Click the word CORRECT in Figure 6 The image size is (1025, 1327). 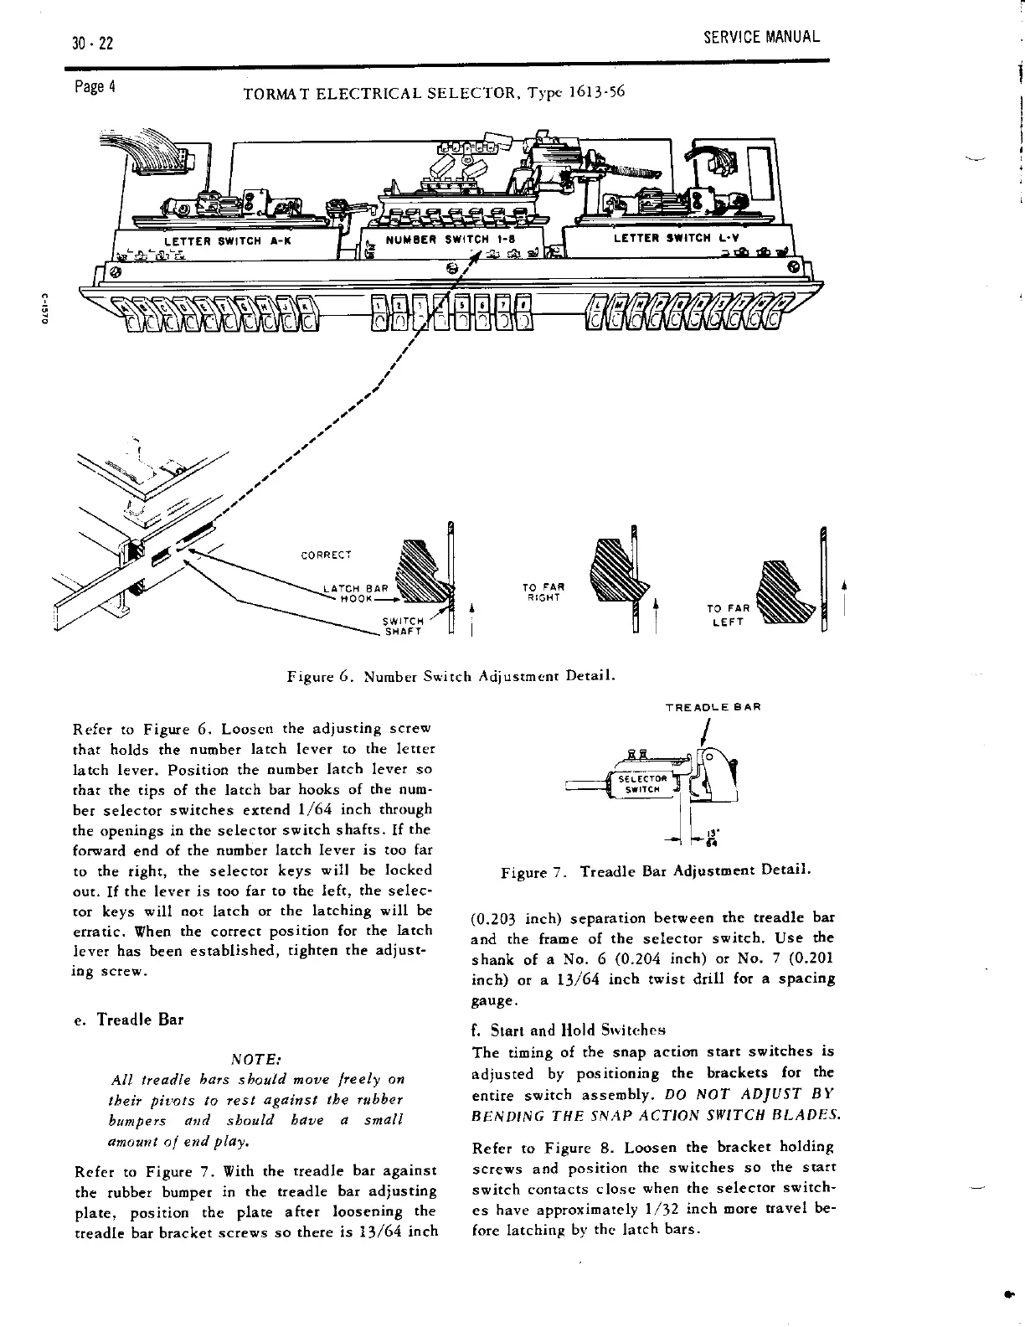[326, 555]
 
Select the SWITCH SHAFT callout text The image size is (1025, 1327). [399, 626]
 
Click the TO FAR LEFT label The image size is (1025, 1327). [727, 616]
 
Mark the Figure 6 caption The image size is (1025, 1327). [451, 675]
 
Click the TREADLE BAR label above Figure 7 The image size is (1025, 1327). [712, 708]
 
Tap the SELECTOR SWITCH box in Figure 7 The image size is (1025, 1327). [642, 783]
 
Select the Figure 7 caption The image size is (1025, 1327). [654, 872]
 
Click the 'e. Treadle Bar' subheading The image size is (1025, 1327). [128, 1020]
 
